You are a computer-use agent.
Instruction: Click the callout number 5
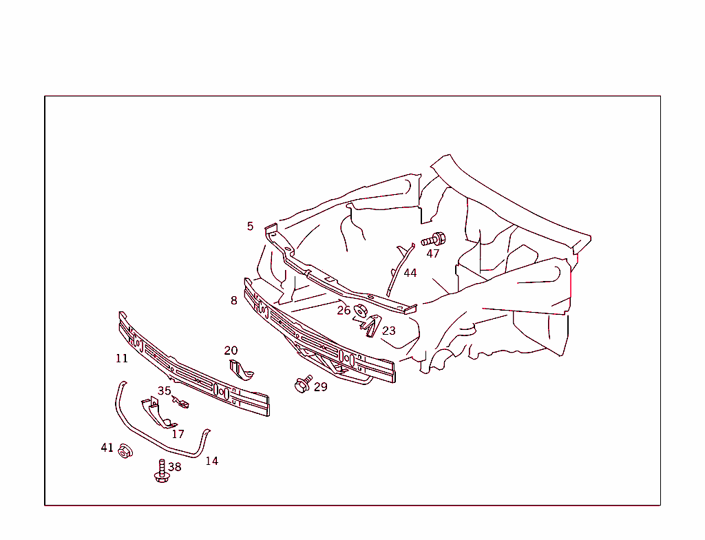pyautogui.click(x=250, y=226)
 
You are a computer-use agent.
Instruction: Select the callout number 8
pyautogui.click(x=234, y=300)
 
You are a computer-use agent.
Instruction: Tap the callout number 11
pyautogui.click(x=122, y=358)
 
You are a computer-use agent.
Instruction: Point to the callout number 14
pyautogui.click(x=212, y=461)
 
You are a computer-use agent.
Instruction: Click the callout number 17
pyautogui.click(x=178, y=434)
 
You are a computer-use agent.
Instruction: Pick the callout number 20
pyautogui.click(x=231, y=351)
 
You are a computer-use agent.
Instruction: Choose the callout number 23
pyautogui.click(x=389, y=331)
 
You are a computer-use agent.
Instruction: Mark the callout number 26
pyautogui.click(x=344, y=311)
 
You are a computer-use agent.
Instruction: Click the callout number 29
pyautogui.click(x=321, y=387)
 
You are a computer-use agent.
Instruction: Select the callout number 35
pyautogui.click(x=165, y=391)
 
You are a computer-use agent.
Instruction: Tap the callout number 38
pyautogui.click(x=175, y=466)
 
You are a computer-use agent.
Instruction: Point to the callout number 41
pyautogui.click(x=107, y=448)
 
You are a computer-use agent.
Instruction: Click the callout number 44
pyautogui.click(x=410, y=273)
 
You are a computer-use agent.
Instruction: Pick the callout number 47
pyautogui.click(x=433, y=253)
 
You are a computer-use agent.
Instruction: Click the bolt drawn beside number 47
pyautogui.click(x=434, y=240)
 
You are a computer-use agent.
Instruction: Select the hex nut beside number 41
pyautogui.click(x=125, y=451)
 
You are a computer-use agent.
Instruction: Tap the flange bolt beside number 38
pyautogui.click(x=162, y=473)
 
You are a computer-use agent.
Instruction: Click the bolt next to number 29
pyautogui.click(x=302, y=384)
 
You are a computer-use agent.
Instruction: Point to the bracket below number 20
pyautogui.click(x=240, y=370)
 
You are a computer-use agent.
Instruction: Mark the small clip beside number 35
pyautogui.click(x=181, y=402)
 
